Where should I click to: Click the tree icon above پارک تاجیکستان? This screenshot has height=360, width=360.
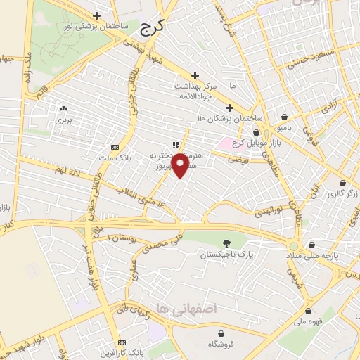[x=226, y=243]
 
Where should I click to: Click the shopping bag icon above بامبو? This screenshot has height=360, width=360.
[x=283, y=117]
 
